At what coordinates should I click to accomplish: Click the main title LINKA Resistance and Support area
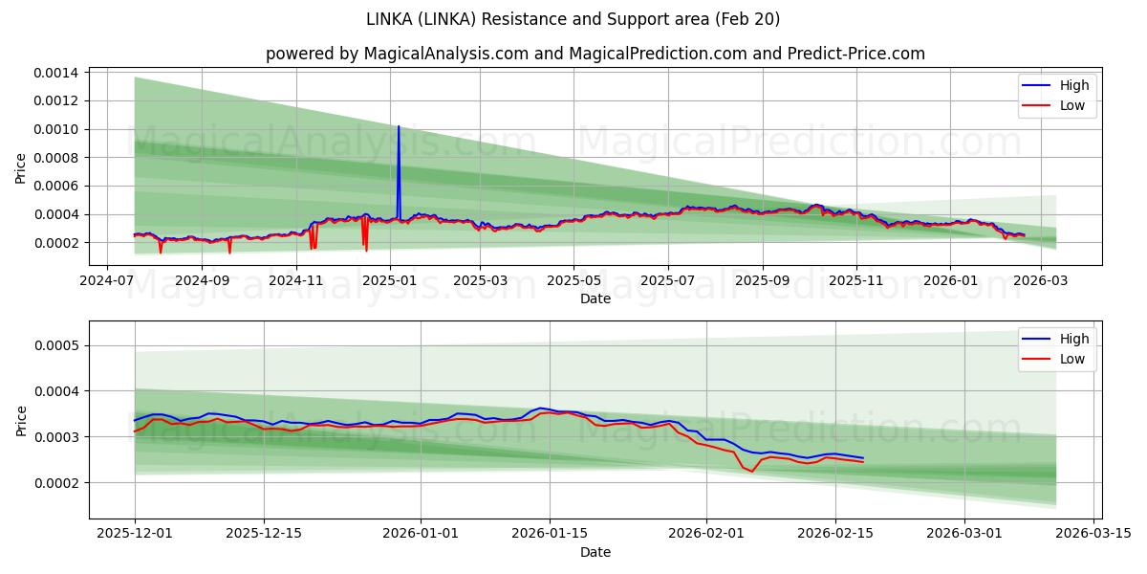573,19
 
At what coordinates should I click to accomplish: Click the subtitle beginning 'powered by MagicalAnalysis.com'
595,54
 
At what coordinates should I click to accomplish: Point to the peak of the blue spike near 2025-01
399,126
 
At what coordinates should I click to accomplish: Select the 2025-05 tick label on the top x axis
573,281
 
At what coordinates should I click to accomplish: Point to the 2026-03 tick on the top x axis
1041,281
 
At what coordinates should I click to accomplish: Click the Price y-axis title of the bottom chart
22,421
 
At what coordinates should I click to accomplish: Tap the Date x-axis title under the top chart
595,298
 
